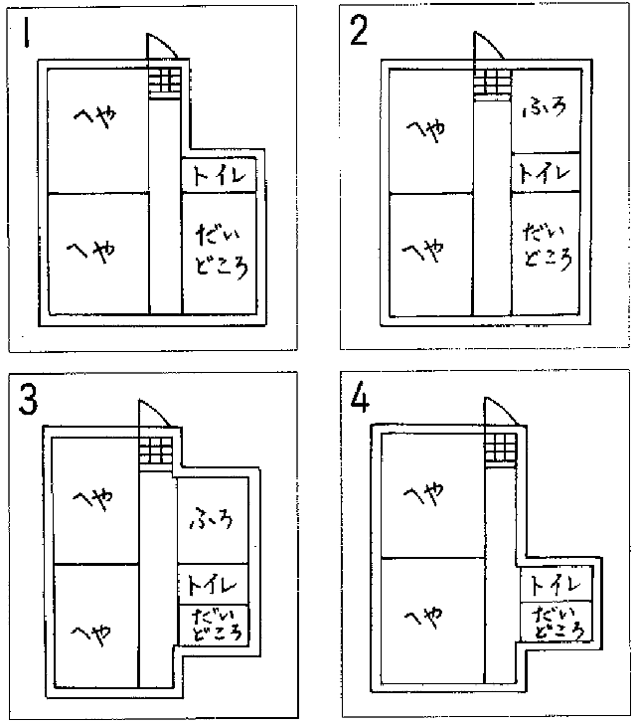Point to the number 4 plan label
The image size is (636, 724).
pos(360,401)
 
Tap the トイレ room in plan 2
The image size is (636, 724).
pos(545,171)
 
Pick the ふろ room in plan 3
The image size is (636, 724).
pos(211,520)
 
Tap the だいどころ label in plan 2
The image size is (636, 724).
pos(547,247)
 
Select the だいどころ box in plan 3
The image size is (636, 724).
pos(212,624)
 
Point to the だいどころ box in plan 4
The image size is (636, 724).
pos(556,622)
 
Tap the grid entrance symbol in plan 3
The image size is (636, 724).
pos(156,451)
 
